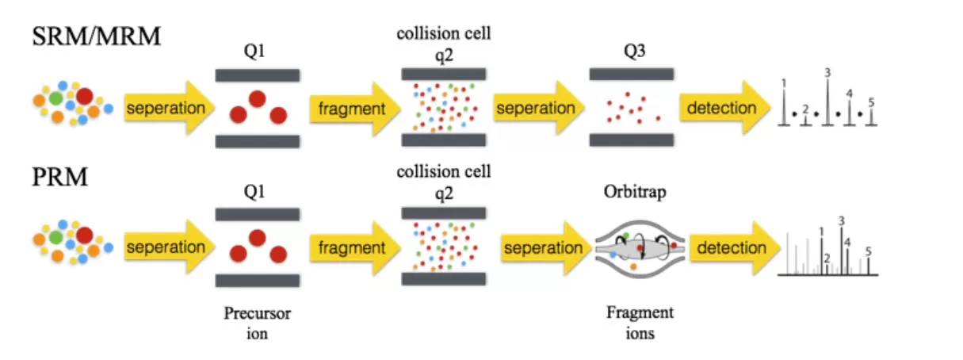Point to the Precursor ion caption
point(257,323)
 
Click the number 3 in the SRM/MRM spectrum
point(827,73)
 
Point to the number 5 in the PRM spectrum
point(869,251)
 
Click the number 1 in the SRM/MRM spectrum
point(783,82)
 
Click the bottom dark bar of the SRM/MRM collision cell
point(443,140)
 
